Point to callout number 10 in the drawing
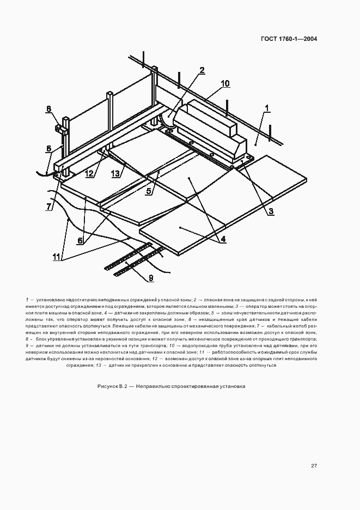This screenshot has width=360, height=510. click(225, 83)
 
